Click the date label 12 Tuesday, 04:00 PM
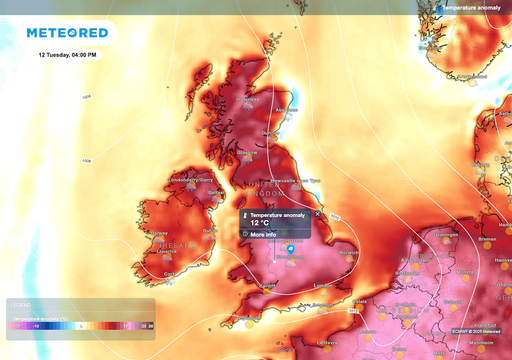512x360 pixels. point(68,54)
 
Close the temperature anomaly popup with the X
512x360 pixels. point(318,214)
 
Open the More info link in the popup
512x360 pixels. point(264,234)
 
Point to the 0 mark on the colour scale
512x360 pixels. point(81,325)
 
